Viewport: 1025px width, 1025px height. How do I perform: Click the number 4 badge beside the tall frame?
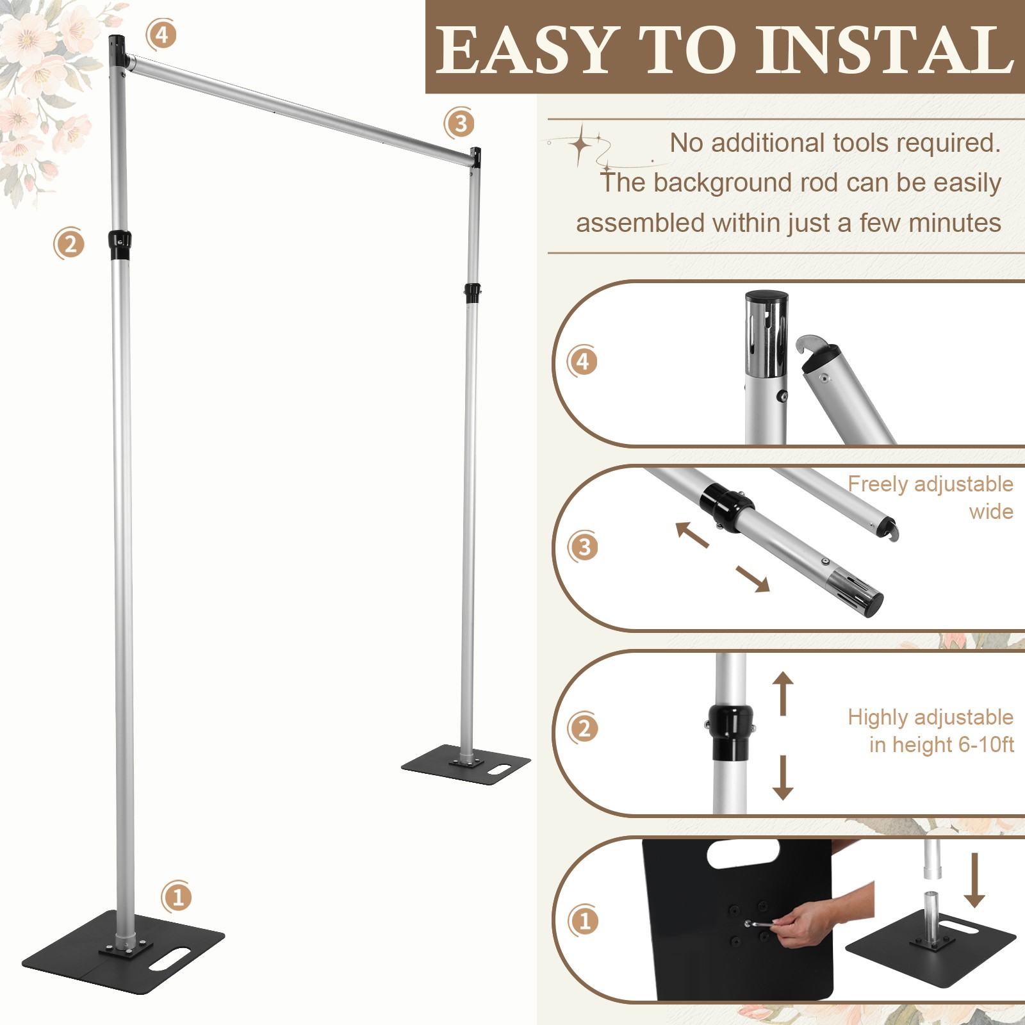coord(161,35)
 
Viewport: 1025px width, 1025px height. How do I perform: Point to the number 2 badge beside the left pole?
coord(69,243)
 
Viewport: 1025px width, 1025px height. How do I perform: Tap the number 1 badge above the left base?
coord(177,897)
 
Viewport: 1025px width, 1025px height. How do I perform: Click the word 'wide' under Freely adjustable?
coord(991,511)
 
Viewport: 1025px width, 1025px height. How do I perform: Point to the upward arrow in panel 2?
coord(782,693)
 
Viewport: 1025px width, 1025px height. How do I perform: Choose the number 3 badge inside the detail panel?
coord(583,548)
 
